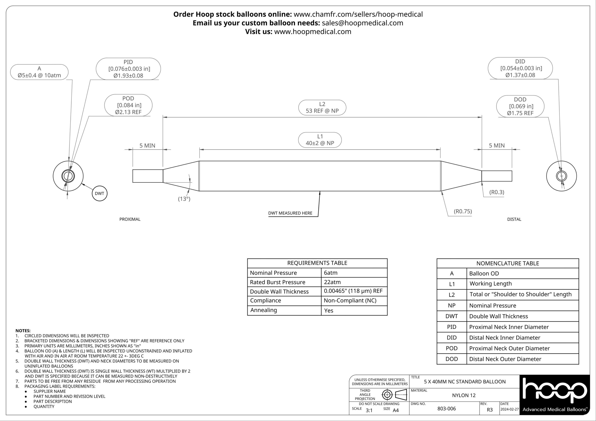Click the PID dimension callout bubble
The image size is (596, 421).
pos(128,69)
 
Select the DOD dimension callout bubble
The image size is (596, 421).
pos(520,106)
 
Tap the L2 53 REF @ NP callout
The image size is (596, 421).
pos(322,108)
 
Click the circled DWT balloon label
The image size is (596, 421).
pos(99,193)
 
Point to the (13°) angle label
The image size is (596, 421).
pos(184,199)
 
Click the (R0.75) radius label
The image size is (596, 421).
pos(463,211)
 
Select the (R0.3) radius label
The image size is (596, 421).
pos(497,192)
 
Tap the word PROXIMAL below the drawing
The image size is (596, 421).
pos(130,219)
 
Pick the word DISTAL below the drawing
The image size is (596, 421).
pos(514,219)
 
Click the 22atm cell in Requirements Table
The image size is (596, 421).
pos(332,282)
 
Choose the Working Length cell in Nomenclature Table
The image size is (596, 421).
pos(491,284)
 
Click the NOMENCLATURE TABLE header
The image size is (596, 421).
pos(508,263)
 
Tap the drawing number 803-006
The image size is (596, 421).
pos(447,408)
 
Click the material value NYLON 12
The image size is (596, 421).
pos(464,395)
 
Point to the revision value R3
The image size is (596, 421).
pos(490,410)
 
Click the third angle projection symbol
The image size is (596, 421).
pos(394,395)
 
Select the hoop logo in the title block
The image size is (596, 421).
pos(555,392)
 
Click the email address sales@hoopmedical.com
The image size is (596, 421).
pos(362,23)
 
